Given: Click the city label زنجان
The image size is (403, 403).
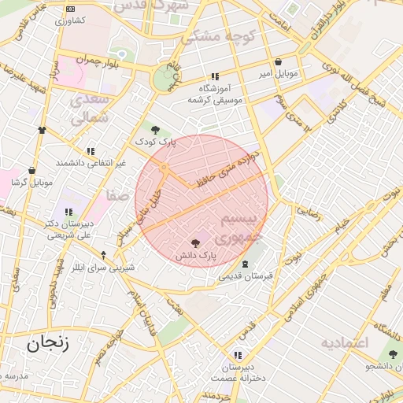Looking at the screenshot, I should [x=48, y=343].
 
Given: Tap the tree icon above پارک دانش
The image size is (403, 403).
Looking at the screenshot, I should [x=195, y=243].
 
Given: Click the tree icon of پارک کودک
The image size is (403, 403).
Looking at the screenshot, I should [x=155, y=130].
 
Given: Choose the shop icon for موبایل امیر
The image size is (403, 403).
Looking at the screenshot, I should [x=278, y=62].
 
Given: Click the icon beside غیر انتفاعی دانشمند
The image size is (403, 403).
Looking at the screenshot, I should [x=91, y=151].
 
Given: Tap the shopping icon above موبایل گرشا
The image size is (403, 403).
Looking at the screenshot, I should [x=31, y=170].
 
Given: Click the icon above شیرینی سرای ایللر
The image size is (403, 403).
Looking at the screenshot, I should [x=103, y=255].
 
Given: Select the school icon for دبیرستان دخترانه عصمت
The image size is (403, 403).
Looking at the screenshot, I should [x=238, y=355].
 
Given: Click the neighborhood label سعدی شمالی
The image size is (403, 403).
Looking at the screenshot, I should [x=91, y=110].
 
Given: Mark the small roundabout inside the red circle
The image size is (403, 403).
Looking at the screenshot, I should [x=164, y=168].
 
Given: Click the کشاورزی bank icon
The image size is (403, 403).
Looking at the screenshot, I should [x=70, y=9].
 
